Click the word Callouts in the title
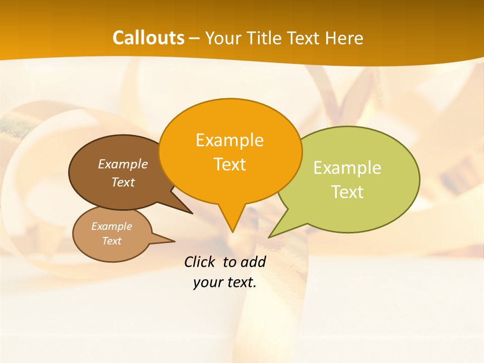[148, 38]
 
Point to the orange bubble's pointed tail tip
[232, 231]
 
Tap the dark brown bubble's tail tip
[192, 213]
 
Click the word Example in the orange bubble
[229, 140]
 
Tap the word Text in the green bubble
[348, 192]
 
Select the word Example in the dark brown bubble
[123, 164]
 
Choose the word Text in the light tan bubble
[111, 241]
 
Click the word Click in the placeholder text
[201, 262]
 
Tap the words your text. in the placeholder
[225, 282]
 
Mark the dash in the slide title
[195, 38]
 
